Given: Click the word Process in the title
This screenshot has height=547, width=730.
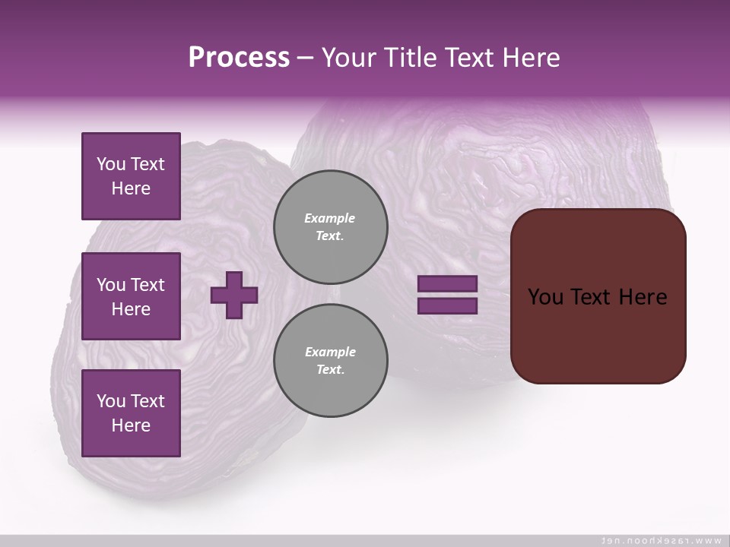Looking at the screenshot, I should [x=239, y=58].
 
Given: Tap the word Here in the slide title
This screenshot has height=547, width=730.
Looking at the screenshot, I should [x=528, y=58].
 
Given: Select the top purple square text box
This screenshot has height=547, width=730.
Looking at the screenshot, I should [x=131, y=176].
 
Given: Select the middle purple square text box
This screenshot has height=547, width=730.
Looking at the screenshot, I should [x=131, y=296].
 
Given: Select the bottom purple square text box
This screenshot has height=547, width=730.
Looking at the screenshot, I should [x=131, y=413].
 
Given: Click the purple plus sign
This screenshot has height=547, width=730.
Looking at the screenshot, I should [x=234, y=296].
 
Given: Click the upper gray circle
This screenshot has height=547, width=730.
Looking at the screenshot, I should [x=331, y=227].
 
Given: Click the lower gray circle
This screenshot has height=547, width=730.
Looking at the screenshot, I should [x=331, y=361].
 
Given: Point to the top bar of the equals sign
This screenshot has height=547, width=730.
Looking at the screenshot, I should [x=448, y=283].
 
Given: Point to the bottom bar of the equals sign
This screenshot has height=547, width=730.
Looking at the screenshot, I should [x=448, y=306].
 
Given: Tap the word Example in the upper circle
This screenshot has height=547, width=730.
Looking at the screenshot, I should [x=330, y=218].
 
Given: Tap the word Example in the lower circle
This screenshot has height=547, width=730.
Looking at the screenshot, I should [x=330, y=352].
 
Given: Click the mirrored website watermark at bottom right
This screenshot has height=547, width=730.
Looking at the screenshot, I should [x=661, y=540].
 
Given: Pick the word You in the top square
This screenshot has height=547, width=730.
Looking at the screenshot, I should [x=111, y=164].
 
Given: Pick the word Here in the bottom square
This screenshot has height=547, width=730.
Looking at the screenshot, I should [x=131, y=425].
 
